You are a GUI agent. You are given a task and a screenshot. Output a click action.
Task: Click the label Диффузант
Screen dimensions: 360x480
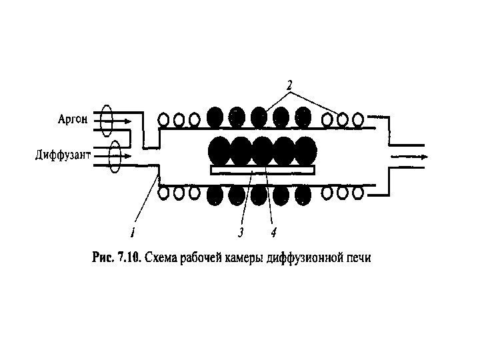pyautogui.click(x=62, y=156)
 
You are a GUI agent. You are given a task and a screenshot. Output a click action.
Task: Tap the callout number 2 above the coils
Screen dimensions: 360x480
pyautogui.click(x=289, y=85)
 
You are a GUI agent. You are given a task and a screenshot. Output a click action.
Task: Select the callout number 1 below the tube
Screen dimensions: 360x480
pyautogui.click(x=133, y=232)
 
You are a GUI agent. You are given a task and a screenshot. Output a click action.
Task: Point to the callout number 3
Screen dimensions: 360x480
pyautogui.click(x=240, y=232)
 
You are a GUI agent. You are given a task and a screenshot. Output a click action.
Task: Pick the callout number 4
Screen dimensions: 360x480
pyautogui.click(x=273, y=232)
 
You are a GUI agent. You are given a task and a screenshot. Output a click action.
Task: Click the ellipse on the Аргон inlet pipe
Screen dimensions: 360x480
pyautogui.click(x=106, y=120)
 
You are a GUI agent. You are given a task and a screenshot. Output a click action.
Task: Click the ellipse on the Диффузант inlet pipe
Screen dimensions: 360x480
pyautogui.click(x=115, y=155)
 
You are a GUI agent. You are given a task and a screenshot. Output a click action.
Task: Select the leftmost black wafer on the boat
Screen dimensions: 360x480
pyautogui.click(x=220, y=151)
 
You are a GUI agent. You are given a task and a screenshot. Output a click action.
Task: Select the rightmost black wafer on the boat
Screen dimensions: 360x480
pyautogui.click(x=306, y=151)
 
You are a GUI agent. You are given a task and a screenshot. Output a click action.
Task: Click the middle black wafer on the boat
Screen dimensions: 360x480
pyautogui.click(x=263, y=151)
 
